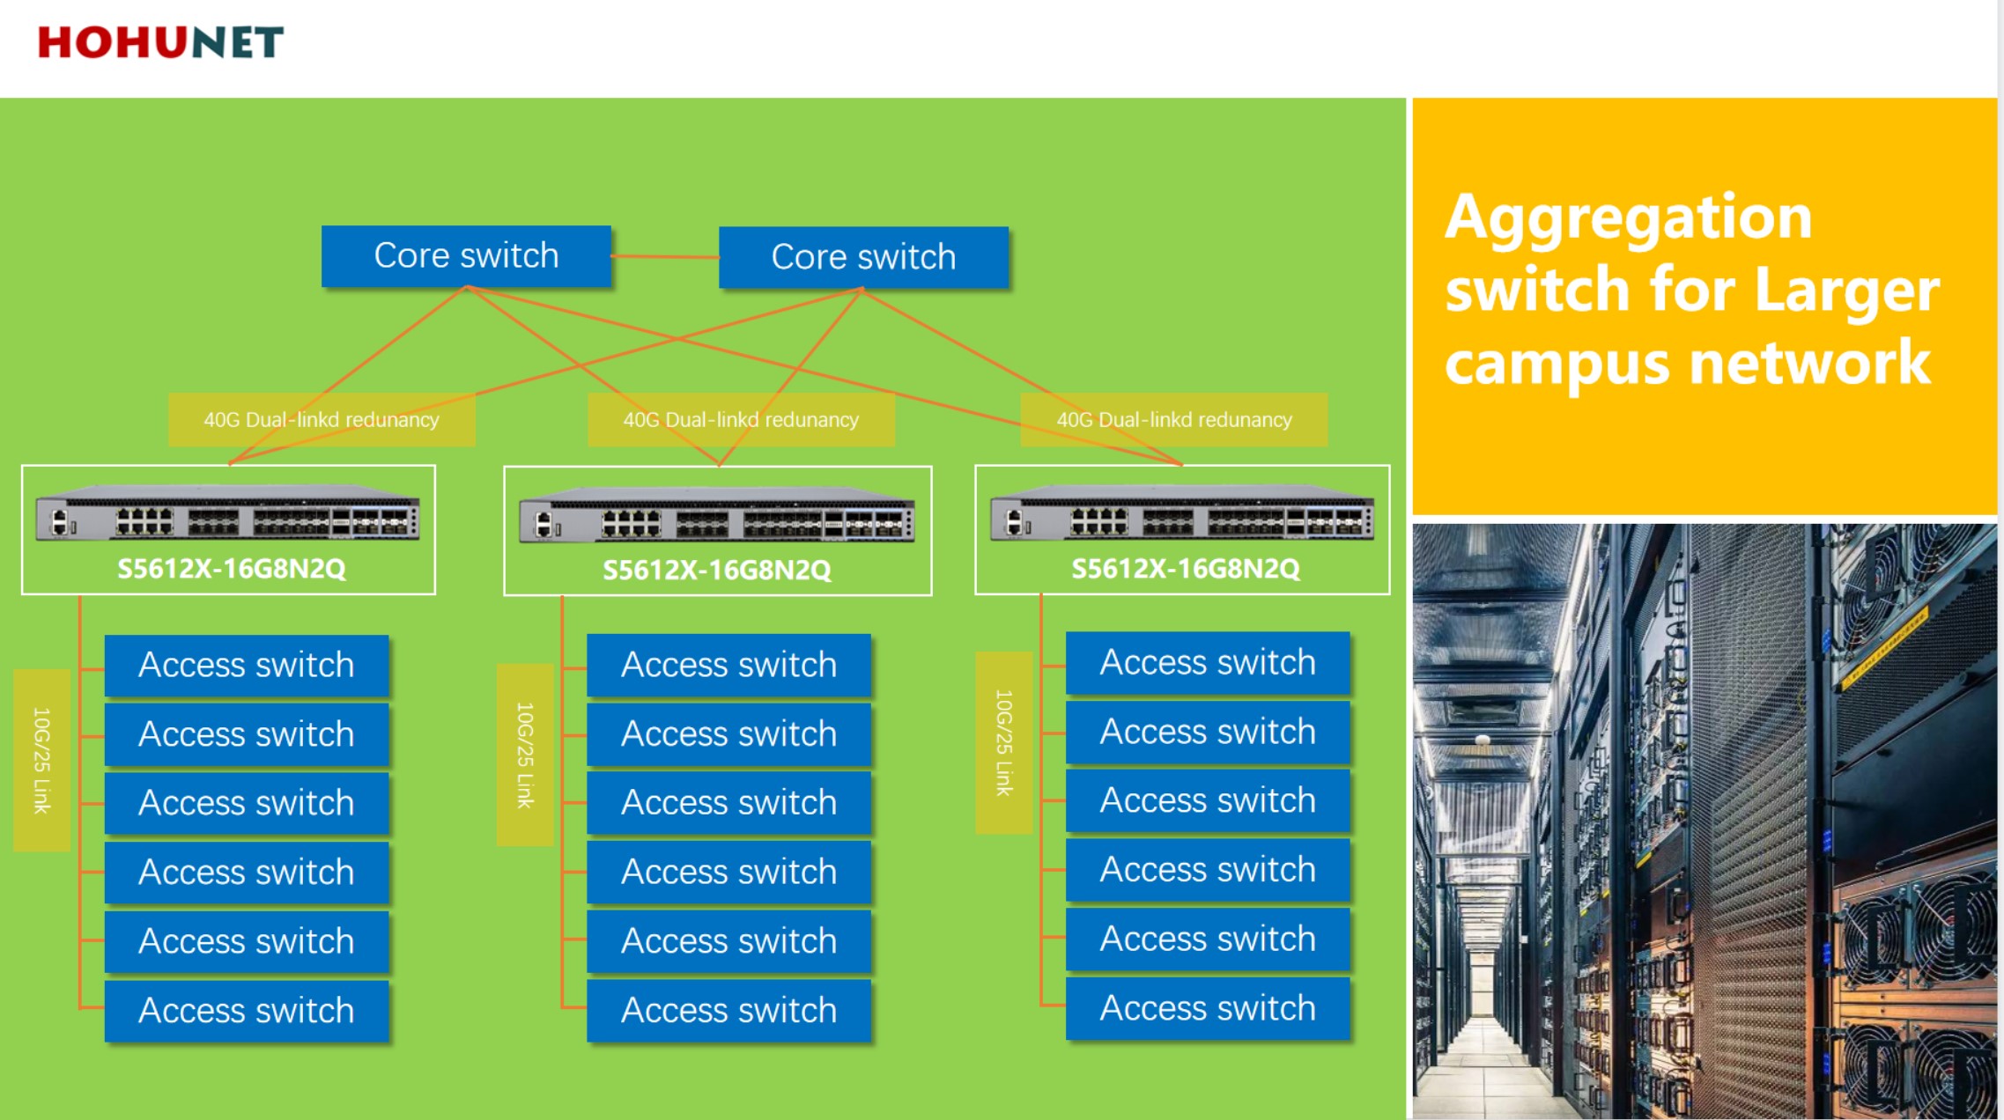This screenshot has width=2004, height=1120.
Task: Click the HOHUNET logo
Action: pyautogui.click(x=160, y=42)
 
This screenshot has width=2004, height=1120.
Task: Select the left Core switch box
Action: pyautogui.click(x=466, y=255)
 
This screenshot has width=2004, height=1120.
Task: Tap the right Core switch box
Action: pyautogui.click(x=863, y=257)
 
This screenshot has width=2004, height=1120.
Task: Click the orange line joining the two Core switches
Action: pyautogui.click(x=665, y=257)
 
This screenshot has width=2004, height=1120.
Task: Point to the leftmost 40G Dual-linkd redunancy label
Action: pyautogui.click(x=322, y=419)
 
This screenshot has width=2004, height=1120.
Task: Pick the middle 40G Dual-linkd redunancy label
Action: pyautogui.click(x=741, y=419)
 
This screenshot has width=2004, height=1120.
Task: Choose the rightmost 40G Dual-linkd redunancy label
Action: pyautogui.click(x=1174, y=419)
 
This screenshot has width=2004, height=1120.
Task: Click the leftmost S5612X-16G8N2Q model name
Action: pyautogui.click(x=232, y=569)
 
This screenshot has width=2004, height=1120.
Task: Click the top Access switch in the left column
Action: pyautogui.click(x=247, y=665)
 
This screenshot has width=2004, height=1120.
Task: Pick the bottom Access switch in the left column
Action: pyautogui.click(x=247, y=1011)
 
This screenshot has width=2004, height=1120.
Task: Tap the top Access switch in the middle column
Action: pyautogui.click(x=729, y=665)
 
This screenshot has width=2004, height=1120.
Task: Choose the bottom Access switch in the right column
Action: pyautogui.click(x=1208, y=1008)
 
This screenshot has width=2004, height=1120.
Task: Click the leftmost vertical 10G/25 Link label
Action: pyautogui.click(x=41, y=760)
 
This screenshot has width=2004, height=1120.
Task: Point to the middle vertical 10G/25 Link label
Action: pyautogui.click(x=525, y=755)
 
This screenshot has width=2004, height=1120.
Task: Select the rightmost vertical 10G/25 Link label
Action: pyautogui.click(x=1003, y=742)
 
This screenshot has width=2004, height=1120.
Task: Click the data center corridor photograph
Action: pyautogui.click(x=1705, y=822)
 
